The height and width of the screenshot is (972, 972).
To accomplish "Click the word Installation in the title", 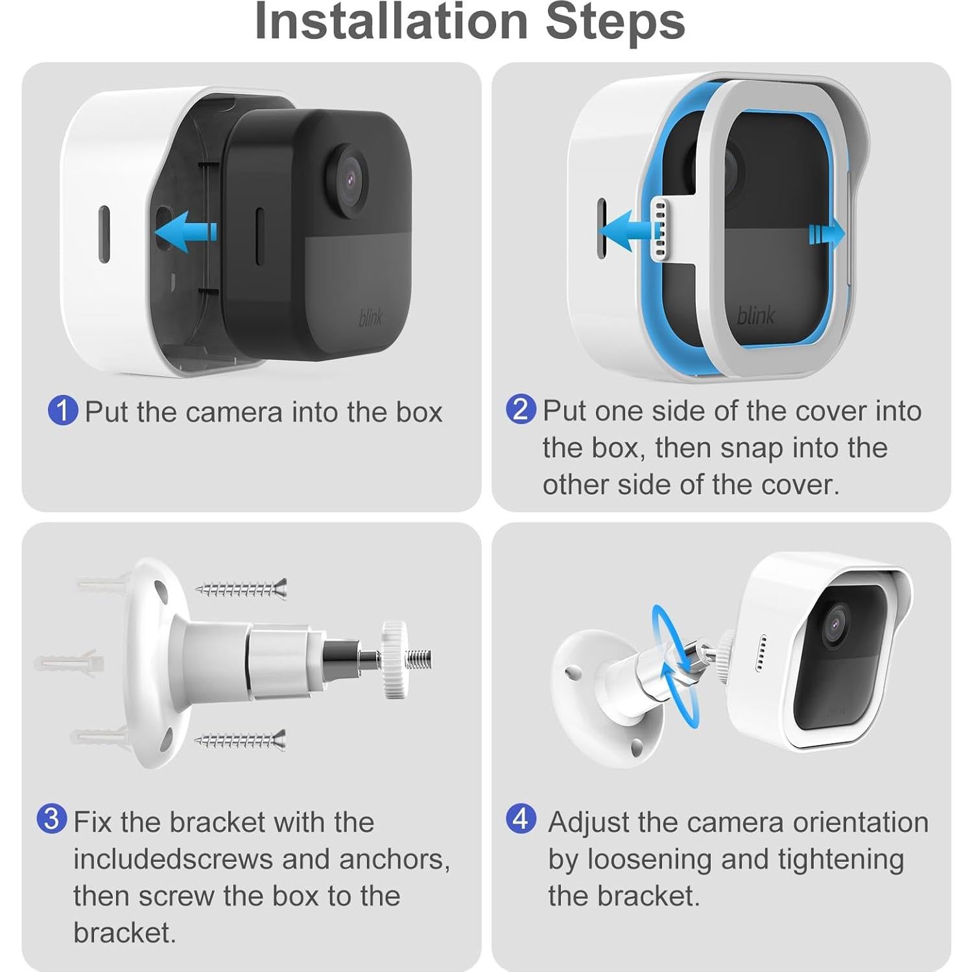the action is pyautogui.click(x=392, y=21).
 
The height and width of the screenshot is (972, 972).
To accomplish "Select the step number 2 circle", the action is pyautogui.click(x=521, y=409).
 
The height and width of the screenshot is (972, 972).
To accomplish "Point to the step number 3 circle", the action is pyautogui.click(x=52, y=819).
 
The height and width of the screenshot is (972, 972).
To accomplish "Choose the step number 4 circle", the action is pyautogui.click(x=521, y=819).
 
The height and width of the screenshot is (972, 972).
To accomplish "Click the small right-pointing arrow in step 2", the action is pyautogui.click(x=827, y=233).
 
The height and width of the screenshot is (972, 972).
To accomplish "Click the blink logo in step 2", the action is pyautogui.click(x=756, y=315).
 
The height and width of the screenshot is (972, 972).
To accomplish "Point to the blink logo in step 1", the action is pyautogui.click(x=371, y=318).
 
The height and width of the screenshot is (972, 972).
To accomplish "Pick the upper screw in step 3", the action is pyautogui.click(x=242, y=589).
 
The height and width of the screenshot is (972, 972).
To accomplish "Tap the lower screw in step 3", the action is pyautogui.click(x=241, y=740).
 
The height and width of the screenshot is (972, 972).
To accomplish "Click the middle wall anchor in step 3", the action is pyautogui.click(x=69, y=663).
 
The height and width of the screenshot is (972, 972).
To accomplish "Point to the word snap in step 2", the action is pyautogui.click(x=751, y=449).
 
